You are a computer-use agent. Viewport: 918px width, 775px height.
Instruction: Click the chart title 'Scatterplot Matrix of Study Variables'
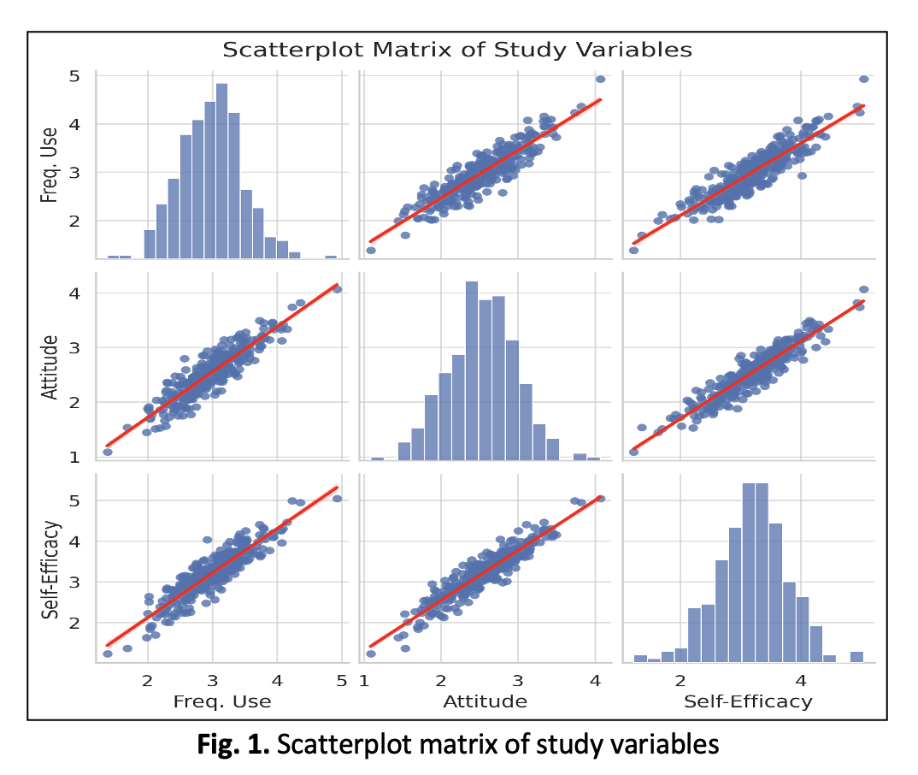coord(456,50)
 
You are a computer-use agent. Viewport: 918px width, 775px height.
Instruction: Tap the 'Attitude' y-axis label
coord(51,368)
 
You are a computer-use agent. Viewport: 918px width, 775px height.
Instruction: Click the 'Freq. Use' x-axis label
coord(221,702)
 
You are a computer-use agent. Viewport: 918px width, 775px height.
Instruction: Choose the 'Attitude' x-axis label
coord(485,702)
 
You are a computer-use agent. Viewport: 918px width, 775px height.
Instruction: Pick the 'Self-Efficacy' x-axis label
coord(748,702)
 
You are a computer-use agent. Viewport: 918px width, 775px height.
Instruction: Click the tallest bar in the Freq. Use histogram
coord(221,171)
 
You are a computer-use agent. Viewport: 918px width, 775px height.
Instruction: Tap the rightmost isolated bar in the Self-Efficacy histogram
coord(856,656)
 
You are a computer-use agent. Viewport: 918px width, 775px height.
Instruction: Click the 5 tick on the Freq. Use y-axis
coord(75,76)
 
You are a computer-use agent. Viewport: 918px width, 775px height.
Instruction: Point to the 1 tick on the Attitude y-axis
coord(75,457)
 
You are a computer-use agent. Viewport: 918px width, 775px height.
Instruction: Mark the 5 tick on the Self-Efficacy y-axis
coord(75,500)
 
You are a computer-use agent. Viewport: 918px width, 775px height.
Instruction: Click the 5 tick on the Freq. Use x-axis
coord(342,681)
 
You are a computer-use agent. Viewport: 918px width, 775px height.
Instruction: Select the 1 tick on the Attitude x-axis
coord(364,681)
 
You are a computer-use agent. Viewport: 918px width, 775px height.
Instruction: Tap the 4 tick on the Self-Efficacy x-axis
coord(801,681)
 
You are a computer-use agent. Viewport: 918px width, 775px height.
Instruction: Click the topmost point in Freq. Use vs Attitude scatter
coord(601,79)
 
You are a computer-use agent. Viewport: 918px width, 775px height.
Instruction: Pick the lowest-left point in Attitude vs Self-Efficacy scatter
coord(633,452)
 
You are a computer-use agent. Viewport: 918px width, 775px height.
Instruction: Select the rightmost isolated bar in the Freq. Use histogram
coord(331,257)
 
